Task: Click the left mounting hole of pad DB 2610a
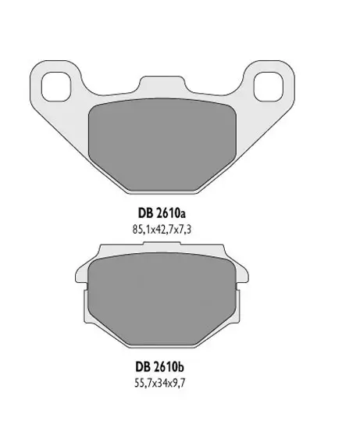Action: tap(55, 87)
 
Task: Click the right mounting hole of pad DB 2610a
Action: tap(268, 87)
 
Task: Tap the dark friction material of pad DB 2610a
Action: tap(162, 145)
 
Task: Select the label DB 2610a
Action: tap(162, 213)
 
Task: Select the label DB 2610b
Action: tap(160, 367)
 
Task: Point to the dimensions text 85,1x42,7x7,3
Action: tap(162, 230)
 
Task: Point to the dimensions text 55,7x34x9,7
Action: tap(160, 384)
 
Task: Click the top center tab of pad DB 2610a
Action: tap(162, 84)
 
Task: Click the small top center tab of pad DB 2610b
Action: tap(162, 243)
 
